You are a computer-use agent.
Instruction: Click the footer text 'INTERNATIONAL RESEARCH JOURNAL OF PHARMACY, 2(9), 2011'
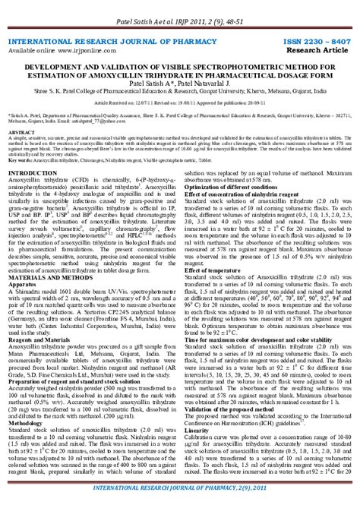coord(180,497)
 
